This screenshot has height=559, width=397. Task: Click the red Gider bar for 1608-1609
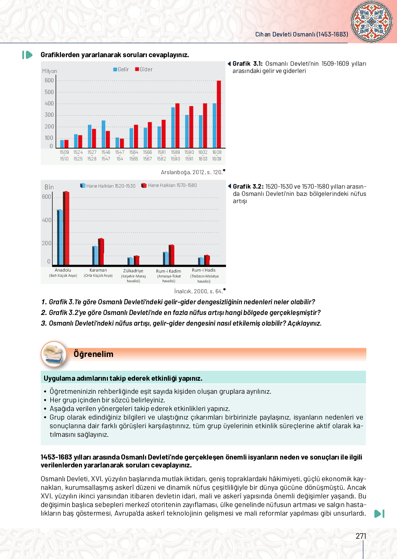(x=219, y=114)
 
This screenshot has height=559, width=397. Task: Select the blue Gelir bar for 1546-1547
(x=103, y=134)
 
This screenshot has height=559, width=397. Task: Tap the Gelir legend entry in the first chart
(x=121, y=70)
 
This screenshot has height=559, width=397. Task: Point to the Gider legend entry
(x=144, y=70)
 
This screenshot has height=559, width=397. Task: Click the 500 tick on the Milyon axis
(x=49, y=92)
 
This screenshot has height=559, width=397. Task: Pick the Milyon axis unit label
(x=50, y=71)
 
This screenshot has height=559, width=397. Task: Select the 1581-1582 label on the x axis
(x=162, y=155)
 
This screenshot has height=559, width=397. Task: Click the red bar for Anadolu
(x=67, y=228)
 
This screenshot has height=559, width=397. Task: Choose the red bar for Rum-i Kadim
(x=172, y=255)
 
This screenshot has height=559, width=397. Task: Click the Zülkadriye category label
(x=133, y=271)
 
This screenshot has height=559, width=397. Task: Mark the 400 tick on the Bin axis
(x=47, y=220)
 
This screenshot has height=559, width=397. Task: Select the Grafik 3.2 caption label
(x=248, y=187)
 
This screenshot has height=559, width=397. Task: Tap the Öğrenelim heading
(x=93, y=354)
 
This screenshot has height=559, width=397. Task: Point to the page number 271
(x=361, y=536)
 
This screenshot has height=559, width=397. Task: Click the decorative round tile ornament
(x=371, y=22)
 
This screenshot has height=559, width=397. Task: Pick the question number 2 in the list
(x=44, y=313)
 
